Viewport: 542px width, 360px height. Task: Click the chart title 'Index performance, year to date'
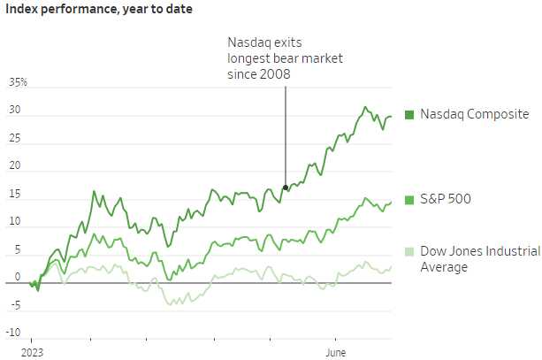100,10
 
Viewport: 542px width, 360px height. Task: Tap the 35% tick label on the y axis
19,83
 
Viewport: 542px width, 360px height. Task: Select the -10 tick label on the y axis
14,333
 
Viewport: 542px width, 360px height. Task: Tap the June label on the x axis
336,340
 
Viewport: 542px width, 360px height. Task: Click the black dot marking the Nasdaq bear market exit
285,188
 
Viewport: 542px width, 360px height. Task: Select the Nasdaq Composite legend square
409,115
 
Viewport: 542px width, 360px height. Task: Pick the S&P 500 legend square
409,199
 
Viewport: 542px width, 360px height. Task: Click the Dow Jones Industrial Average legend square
409,250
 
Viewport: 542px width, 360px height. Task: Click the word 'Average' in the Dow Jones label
444,267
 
